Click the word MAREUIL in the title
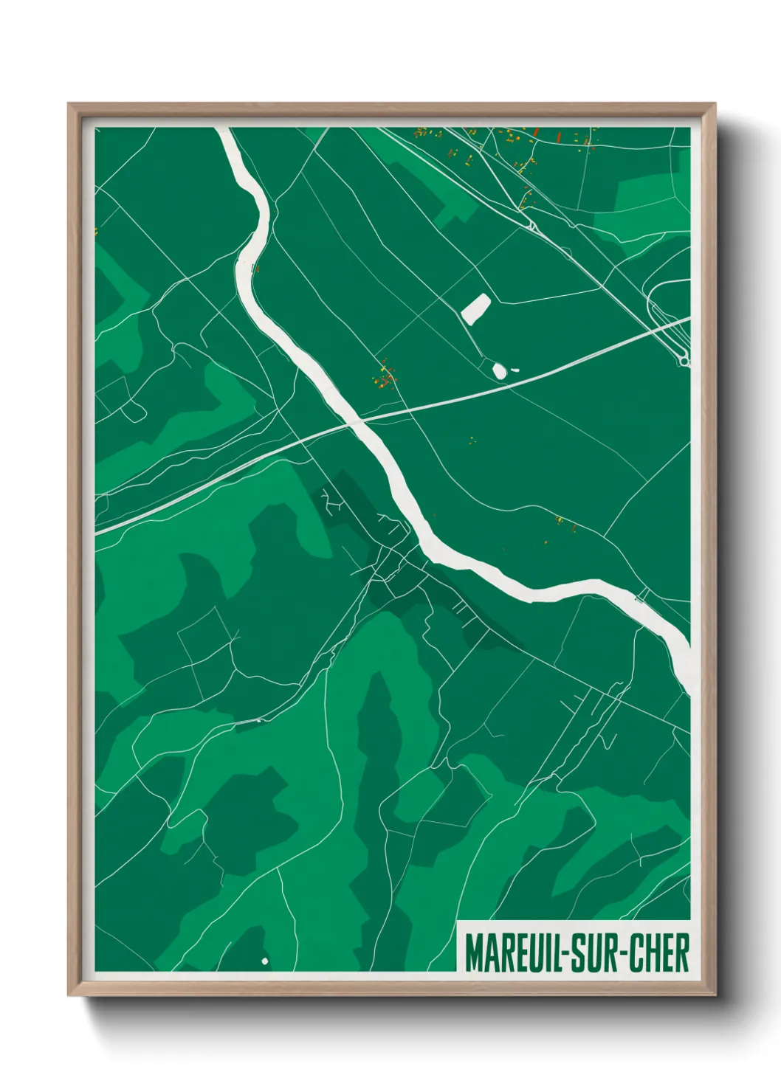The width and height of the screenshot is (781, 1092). tap(510, 953)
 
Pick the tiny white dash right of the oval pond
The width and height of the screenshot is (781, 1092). tap(515, 370)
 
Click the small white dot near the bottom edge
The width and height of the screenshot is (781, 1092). tap(264, 961)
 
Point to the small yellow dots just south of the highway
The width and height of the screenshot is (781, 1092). tap(472, 441)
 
